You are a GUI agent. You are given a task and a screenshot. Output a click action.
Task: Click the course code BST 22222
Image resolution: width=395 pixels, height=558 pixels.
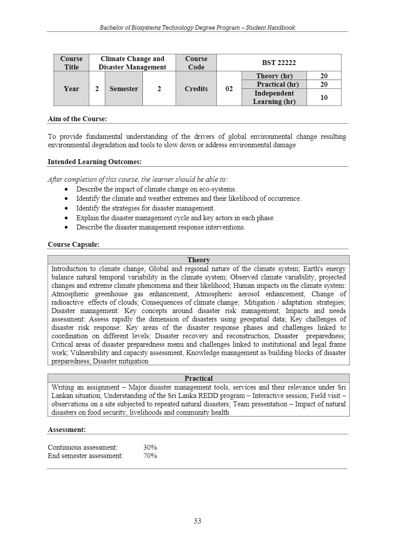point(279,63)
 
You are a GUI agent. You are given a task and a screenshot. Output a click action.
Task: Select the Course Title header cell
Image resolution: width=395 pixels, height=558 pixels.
point(71,63)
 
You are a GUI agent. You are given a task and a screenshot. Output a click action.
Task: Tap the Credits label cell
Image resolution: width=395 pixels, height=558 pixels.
point(196,89)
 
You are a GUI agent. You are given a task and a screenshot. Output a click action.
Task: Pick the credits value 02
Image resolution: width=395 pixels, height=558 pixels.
point(229,89)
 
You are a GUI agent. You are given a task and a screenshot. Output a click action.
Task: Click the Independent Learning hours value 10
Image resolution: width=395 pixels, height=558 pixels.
point(324,97)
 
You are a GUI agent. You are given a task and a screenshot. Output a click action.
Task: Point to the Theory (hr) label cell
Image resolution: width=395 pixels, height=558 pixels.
point(274,76)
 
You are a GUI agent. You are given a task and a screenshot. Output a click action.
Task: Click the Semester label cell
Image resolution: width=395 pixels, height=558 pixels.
point(124,89)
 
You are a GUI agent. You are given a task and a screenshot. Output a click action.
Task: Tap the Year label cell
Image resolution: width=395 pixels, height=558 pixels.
point(71,89)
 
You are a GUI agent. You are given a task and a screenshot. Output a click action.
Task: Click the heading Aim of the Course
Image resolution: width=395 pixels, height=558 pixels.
point(77,119)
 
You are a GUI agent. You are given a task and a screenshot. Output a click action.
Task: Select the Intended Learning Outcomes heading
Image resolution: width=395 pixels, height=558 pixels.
point(95,162)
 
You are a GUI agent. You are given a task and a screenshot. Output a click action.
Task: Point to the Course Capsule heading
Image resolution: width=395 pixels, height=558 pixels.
point(73,244)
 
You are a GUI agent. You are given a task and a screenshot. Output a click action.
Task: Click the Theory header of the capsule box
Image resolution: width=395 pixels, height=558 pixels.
point(199,260)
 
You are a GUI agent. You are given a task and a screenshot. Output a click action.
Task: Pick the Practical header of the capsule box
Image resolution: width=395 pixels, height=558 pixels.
point(199,378)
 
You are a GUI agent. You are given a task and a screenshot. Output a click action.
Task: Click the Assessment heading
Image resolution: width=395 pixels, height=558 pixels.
point(67,429)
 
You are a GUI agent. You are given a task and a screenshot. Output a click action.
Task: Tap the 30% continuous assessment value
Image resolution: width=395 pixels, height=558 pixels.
point(150,447)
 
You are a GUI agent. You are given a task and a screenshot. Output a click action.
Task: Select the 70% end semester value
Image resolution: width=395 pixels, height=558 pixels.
point(150,456)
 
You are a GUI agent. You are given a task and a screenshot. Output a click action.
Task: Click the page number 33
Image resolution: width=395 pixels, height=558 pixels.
point(197,521)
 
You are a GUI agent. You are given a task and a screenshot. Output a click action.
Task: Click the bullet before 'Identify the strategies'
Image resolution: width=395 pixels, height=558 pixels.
point(66,208)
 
